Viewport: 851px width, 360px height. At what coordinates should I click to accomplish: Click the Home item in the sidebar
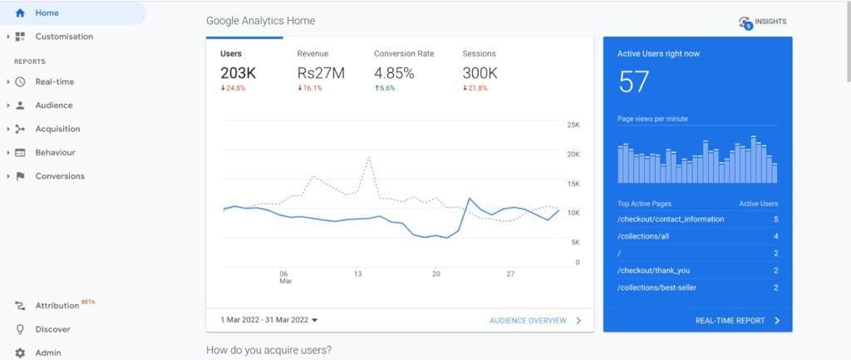coord(47,13)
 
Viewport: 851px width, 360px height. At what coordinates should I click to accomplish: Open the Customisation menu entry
coord(63,37)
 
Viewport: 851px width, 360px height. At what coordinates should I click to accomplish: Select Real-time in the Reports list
coord(54,81)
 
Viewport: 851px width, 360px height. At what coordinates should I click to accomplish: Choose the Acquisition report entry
coord(57,129)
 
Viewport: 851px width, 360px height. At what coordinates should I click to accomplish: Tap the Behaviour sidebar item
coord(55,152)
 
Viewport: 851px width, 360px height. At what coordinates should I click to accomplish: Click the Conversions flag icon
coord(20,176)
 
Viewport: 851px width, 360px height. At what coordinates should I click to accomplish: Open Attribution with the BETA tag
coord(57,306)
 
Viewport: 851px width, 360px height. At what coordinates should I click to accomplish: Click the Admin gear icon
coord(20,353)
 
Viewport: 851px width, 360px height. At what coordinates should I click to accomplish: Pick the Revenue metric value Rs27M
coord(320,73)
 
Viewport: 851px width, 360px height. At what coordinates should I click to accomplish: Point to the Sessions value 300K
coord(480,73)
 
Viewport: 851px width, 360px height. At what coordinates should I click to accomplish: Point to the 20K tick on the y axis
coord(573,155)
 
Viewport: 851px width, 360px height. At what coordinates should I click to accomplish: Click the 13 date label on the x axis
coord(357,274)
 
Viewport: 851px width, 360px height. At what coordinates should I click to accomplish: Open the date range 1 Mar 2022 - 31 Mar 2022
coord(268,320)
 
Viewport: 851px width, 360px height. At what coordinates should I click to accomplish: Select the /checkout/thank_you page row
coord(653,270)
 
